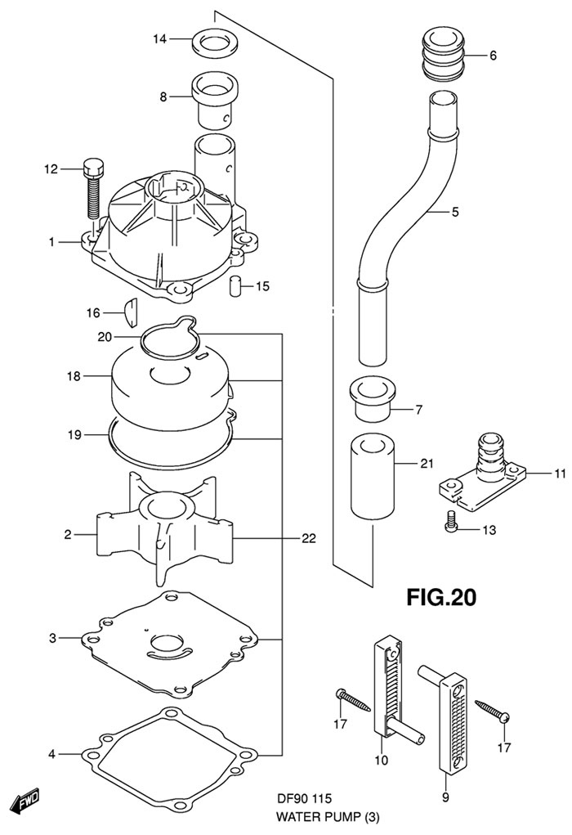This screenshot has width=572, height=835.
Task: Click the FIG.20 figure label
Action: [x=441, y=596]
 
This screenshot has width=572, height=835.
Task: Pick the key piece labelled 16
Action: [x=131, y=314]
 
